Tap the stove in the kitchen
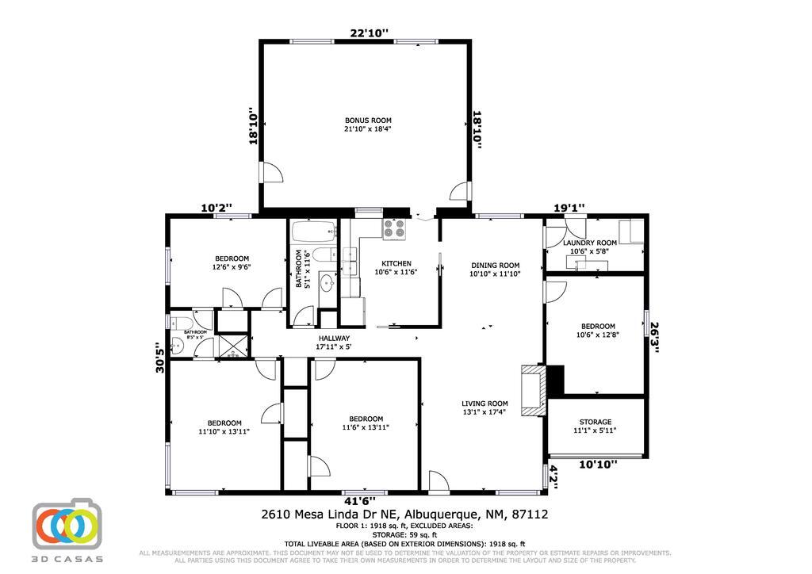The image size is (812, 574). (x=394, y=229)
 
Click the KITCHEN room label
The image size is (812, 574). (x=396, y=264)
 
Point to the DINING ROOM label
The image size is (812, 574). (x=495, y=266)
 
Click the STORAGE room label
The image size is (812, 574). (x=595, y=423)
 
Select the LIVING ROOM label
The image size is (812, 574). (x=485, y=404)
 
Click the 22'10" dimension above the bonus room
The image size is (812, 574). (x=370, y=33)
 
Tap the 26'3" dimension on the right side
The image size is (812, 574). (x=654, y=337)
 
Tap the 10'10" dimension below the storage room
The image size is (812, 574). (x=597, y=465)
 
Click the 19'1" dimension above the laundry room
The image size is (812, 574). (x=569, y=209)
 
